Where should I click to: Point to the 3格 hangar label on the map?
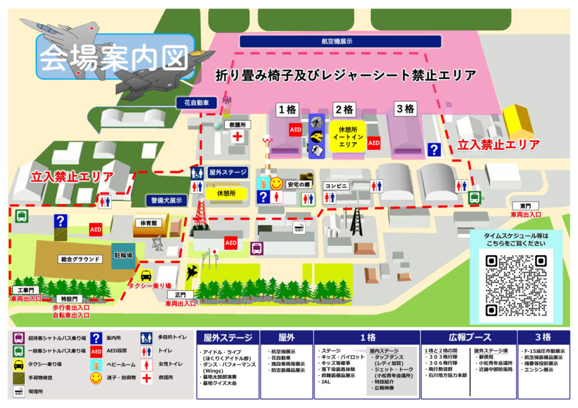405,109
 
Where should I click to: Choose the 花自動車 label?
196,103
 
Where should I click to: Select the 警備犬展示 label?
167,200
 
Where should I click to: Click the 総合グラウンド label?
82,259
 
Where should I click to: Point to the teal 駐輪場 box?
123,255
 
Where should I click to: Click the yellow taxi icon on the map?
146,276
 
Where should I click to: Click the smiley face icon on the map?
276,183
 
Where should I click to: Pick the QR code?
516,285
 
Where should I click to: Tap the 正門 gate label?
180,295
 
